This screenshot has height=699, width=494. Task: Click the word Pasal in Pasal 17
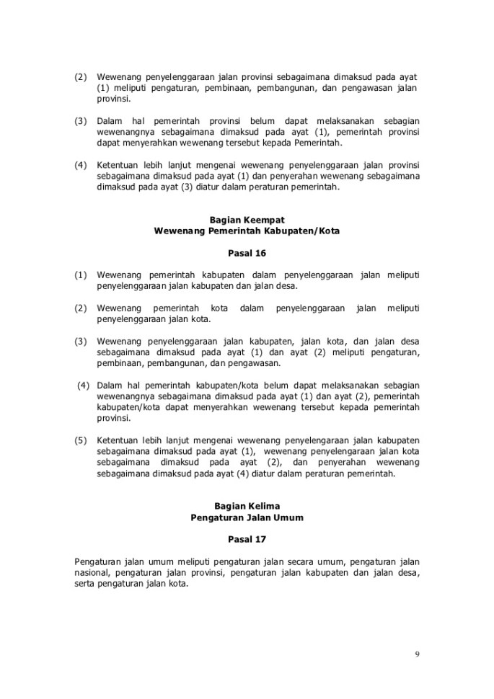click(239, 538)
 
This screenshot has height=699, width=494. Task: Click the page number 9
click(418, 654)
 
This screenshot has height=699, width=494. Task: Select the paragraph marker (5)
click(81, 440)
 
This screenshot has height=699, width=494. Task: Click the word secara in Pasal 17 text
click(301, 561)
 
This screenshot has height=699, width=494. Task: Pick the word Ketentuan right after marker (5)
click(118, 440)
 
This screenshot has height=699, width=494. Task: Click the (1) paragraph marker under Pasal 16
click(81, 275)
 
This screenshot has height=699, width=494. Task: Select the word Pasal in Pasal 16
click(239, 253)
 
